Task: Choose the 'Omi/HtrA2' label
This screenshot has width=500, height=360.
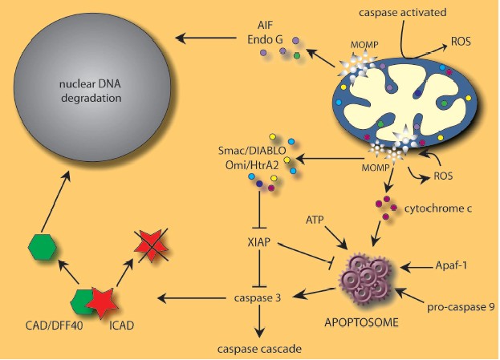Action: (x=252, y=165)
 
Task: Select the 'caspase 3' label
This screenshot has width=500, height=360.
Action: (x=258, y=297)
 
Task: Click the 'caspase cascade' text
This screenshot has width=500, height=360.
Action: (x=258, y=350)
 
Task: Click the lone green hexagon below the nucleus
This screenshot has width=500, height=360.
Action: (x=41, y=246)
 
